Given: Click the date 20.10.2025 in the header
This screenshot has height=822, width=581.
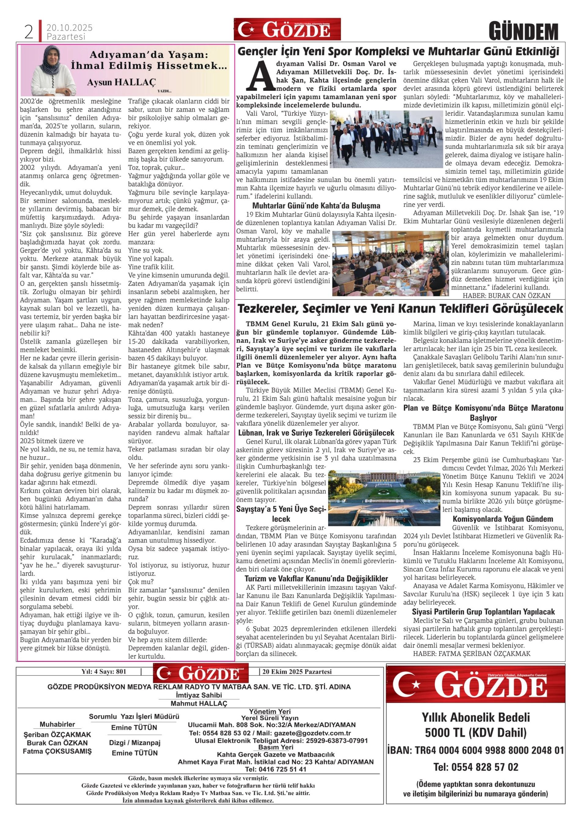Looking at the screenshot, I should pyautogui.click(x=69, y=28).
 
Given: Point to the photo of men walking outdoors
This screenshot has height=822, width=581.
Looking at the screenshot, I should pyautogui.click(x=386, y=139).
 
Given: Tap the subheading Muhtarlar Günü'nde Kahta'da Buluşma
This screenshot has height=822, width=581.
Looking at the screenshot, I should pyautogui.click(x=316, y=206).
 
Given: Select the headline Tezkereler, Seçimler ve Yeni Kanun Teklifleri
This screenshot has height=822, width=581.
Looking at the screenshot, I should pyautogui.click(x=400, y=308).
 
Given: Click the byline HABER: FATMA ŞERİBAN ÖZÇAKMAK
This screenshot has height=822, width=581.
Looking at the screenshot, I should pyautogui.click(x=472, y=654).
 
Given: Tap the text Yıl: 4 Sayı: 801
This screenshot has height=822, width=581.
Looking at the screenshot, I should pyautogui.click(x=104, y=672).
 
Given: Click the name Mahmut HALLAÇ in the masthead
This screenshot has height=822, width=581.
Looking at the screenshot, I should pyautogui.click(x=199, y=703).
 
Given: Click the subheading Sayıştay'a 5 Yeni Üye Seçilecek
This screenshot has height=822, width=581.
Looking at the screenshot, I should pyautogui.click(x=281, y=514).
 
